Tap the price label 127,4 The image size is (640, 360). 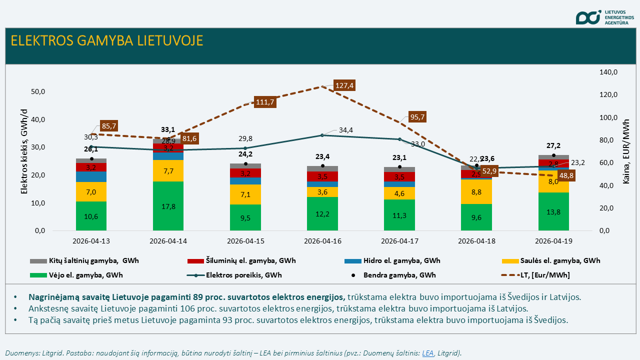344,85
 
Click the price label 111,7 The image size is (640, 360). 265,102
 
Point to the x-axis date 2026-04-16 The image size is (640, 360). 322,241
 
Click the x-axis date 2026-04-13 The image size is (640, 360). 91,241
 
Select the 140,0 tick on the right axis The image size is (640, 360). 608,72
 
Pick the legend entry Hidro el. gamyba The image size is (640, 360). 400,260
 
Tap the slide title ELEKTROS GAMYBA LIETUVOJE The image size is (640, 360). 107,40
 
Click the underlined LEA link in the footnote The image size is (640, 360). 427,353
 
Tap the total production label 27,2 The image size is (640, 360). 553,145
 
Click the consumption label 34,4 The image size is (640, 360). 345,130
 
